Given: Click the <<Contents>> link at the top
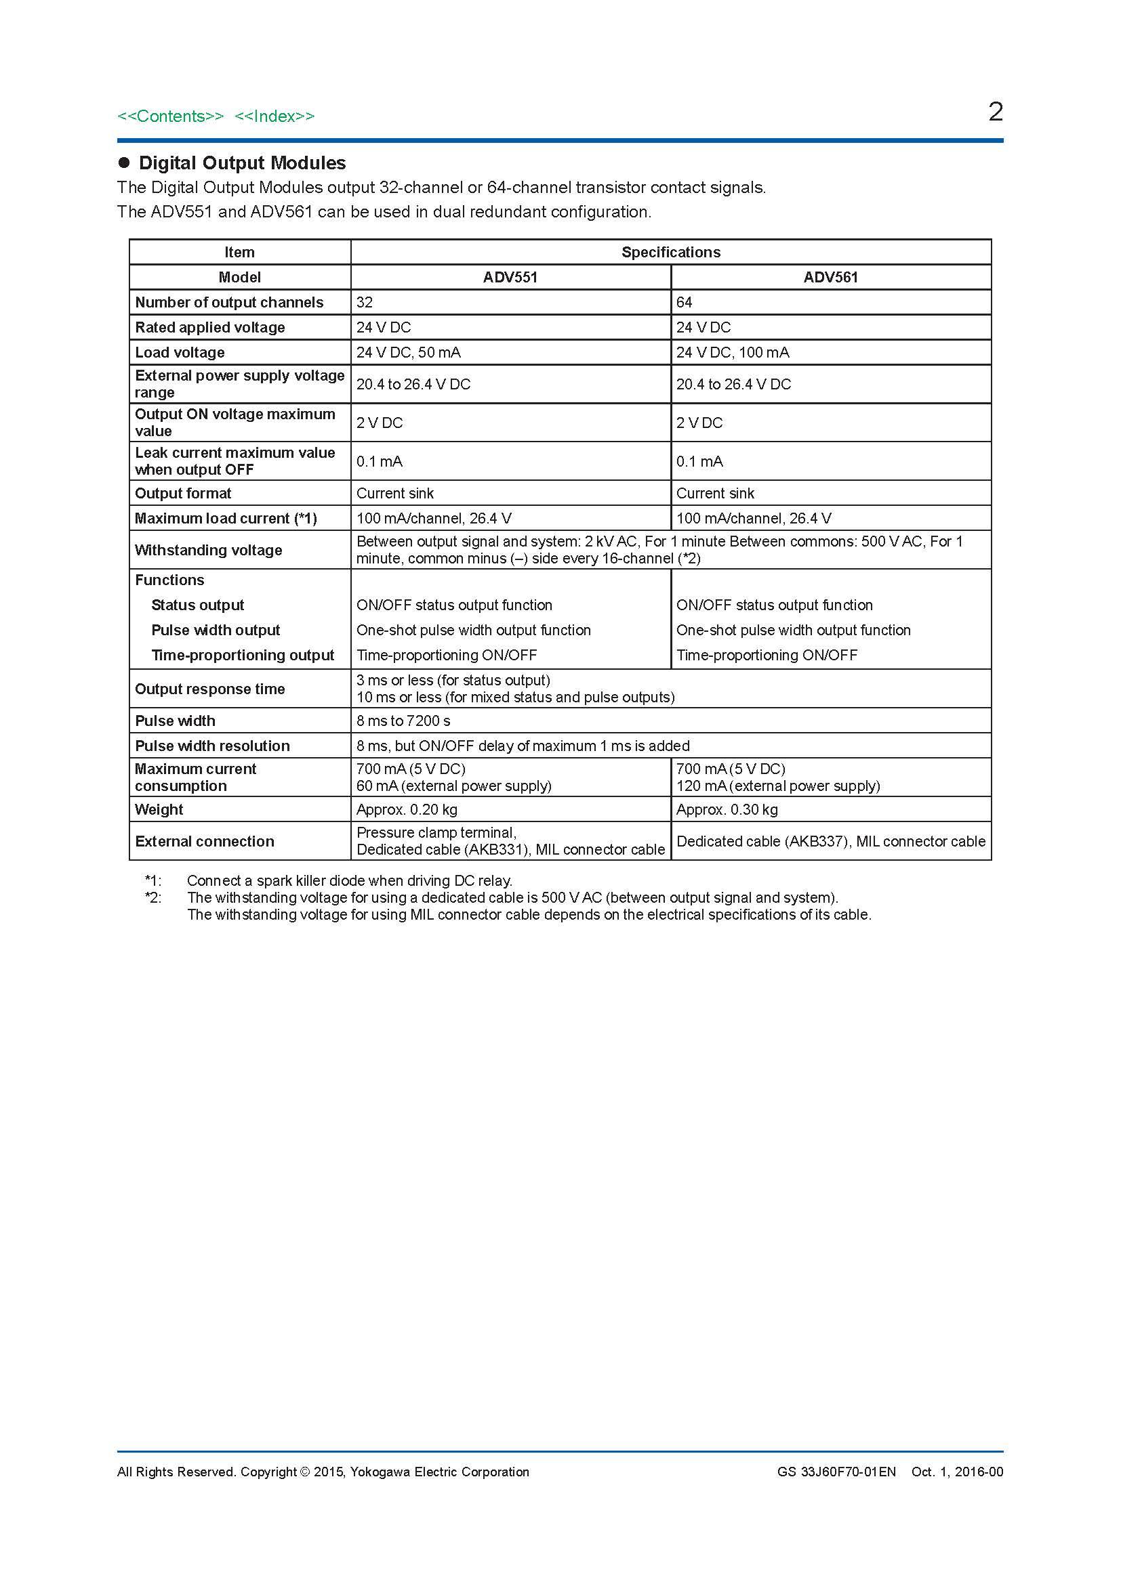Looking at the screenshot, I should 171,116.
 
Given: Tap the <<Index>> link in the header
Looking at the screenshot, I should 274,116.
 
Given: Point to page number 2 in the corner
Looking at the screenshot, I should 995,112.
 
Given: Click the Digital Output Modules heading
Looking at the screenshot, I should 241,163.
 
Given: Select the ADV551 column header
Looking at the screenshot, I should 510,278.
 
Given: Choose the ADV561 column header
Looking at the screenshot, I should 830,278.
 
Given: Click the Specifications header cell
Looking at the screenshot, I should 670,253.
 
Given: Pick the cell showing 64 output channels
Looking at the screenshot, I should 685,302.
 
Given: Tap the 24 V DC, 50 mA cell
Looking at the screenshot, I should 409,353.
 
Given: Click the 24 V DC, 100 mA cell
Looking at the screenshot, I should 733,353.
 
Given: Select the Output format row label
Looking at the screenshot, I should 183,493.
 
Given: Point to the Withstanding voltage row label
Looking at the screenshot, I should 209,550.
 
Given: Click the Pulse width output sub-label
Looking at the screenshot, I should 216,630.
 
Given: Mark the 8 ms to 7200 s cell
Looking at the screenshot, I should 403,721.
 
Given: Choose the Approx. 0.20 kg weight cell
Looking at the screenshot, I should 407,809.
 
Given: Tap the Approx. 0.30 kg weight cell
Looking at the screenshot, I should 727,809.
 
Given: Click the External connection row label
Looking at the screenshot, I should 204,841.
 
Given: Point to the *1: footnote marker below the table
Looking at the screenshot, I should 153,880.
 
